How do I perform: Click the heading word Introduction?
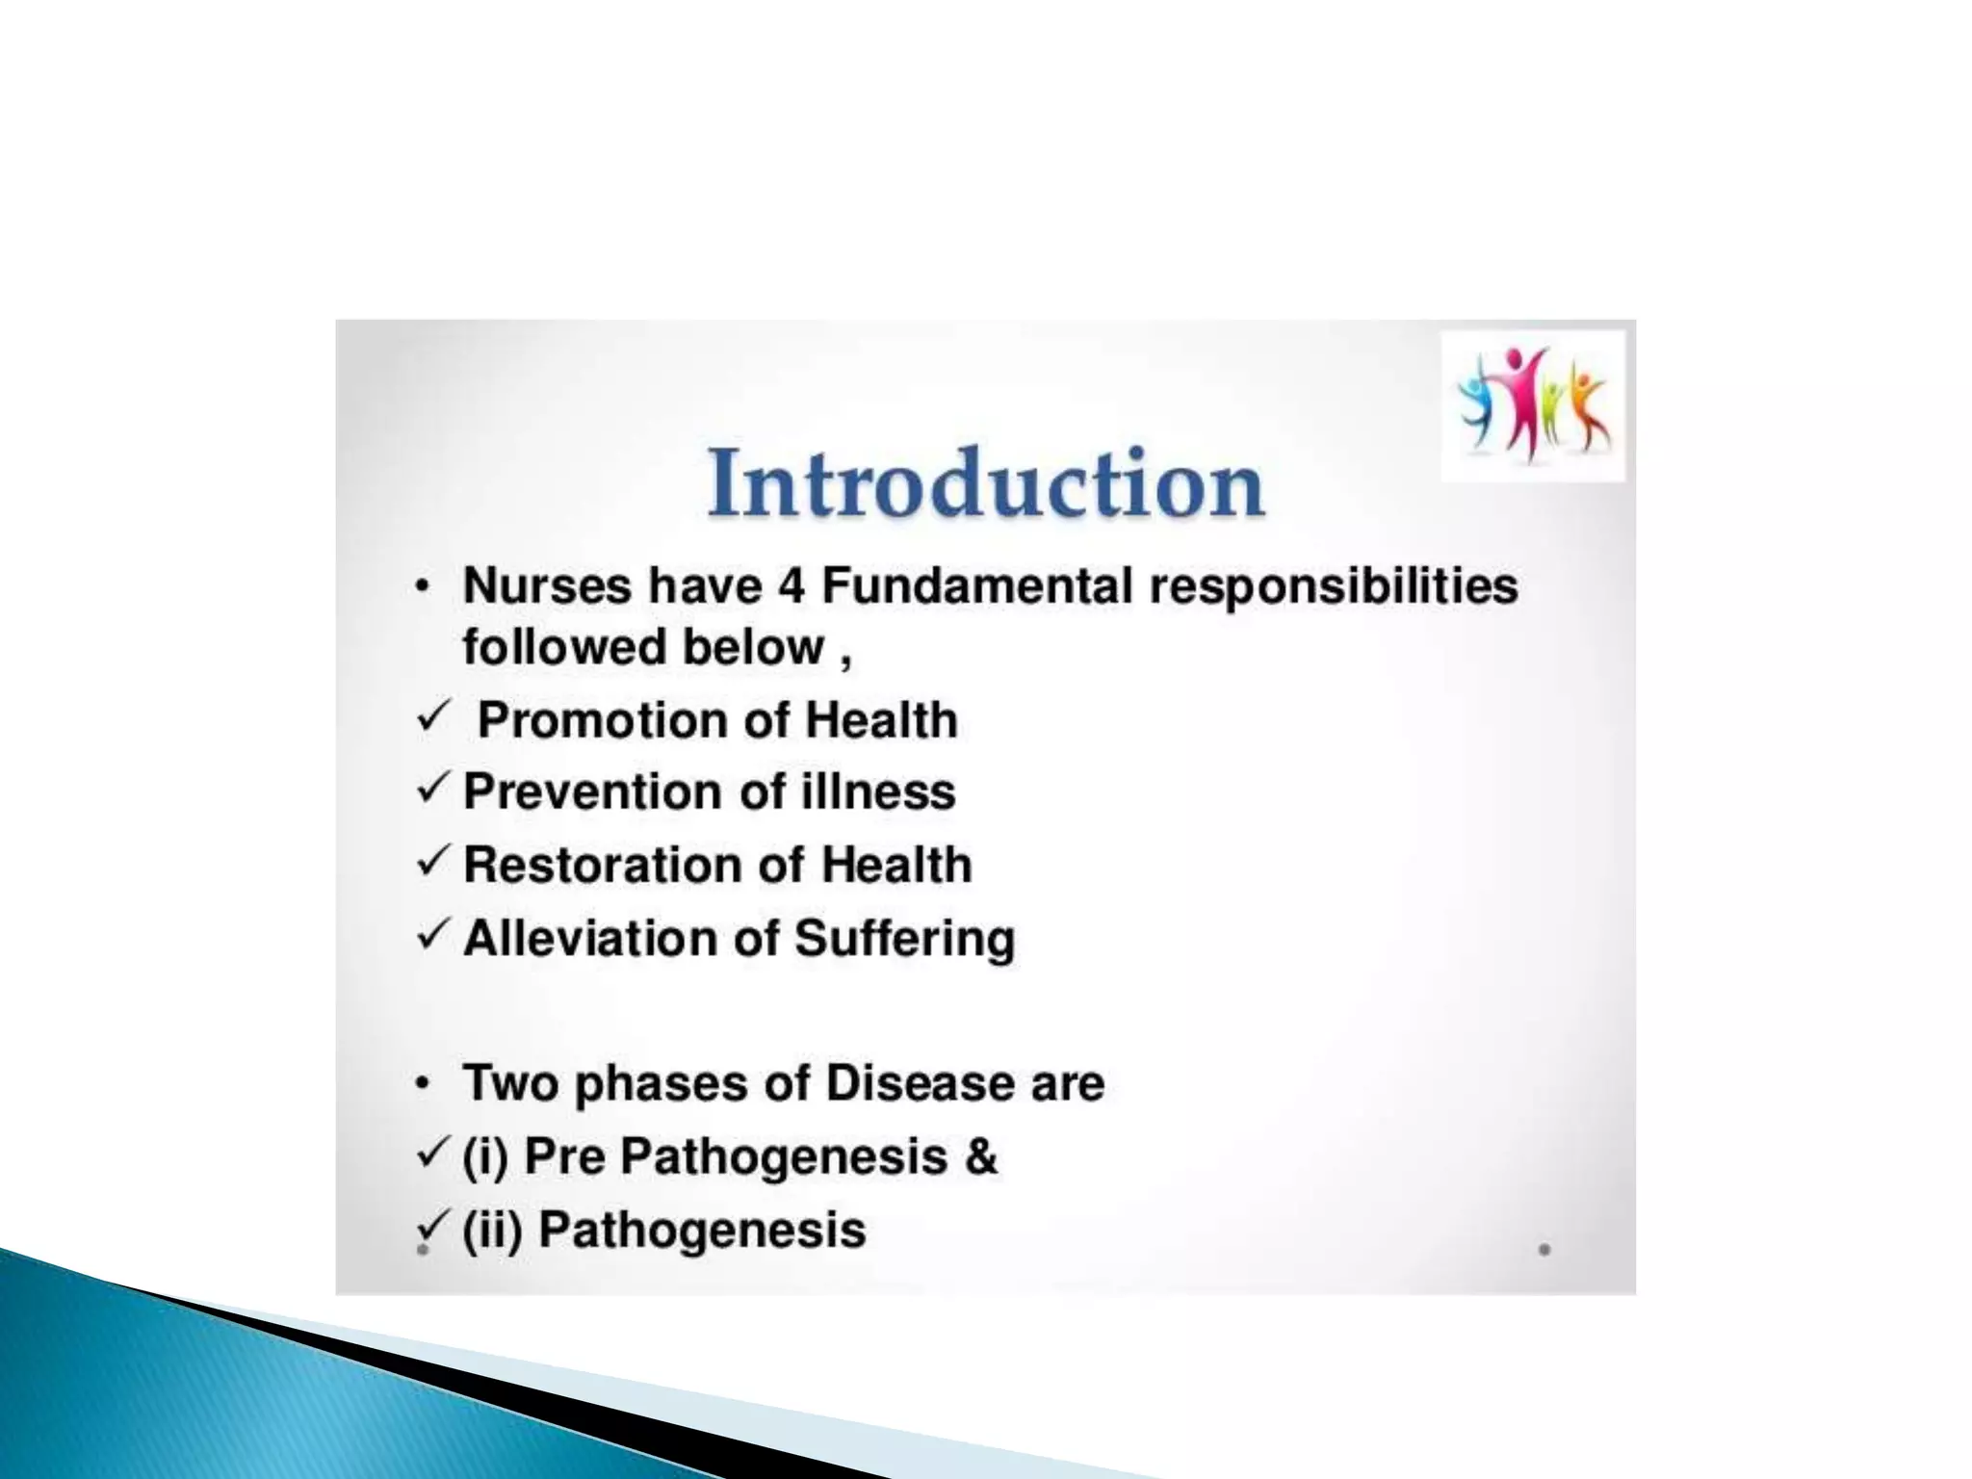[x=985, y=483]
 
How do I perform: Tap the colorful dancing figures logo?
[x=1533, y=405]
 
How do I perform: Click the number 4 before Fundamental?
[x=790, y=585]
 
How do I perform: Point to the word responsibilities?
[x=1334, y=587]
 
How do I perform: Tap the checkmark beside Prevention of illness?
[x=434, y=790]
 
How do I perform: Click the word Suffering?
[x=905, y=939]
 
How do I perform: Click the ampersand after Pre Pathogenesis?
[x=980, y=1155]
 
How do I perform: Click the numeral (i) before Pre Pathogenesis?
[x=484, y=1156]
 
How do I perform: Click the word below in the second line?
[x=753, y=647]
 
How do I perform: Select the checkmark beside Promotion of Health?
[x=434, y=717]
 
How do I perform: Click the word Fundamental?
[x=976, y=585]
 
